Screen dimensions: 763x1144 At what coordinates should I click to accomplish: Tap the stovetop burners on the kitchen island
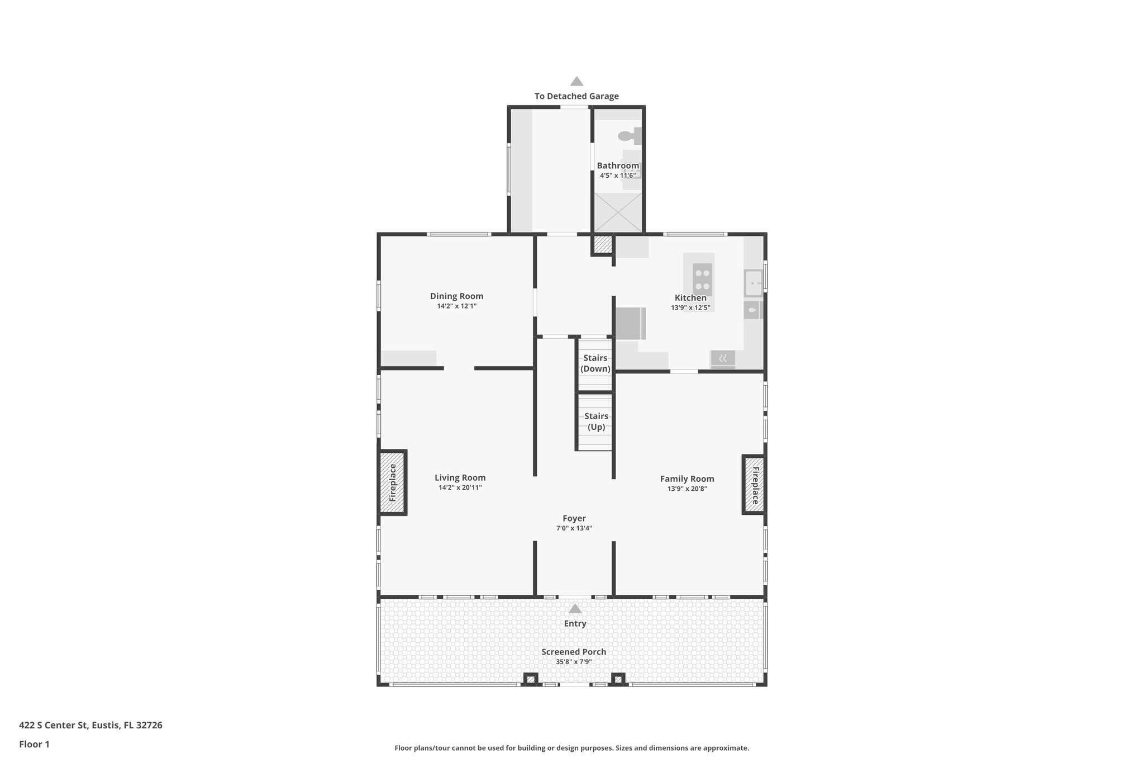point(702,279)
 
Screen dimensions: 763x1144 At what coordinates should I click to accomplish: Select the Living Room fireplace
point(393,482)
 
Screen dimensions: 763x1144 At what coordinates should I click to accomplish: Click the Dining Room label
point(456,296)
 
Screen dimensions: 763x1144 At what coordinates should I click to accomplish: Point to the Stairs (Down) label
point(595,363)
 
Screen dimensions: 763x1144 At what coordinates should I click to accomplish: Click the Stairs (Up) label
point(596,421)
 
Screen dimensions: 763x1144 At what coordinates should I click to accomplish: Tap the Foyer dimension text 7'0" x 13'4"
point(574,528)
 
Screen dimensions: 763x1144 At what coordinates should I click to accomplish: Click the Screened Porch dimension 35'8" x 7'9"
point(574,662)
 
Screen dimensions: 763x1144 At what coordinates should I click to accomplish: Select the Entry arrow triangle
point(575,609)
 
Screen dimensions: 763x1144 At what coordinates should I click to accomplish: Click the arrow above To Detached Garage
point(576,82)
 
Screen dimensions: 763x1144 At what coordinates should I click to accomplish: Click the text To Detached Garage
point(576,96)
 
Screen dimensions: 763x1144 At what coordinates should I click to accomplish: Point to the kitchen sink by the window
point(754,283)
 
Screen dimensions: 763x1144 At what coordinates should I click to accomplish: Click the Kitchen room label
point(690,298)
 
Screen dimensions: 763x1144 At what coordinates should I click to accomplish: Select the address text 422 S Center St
point(90,726)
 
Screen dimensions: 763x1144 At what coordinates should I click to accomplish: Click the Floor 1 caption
point(34,744)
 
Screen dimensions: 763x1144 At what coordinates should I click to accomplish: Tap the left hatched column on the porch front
point(531,679)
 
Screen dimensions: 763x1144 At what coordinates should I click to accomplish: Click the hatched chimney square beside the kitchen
point(603,244)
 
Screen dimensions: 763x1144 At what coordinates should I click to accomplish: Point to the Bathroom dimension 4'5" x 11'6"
point(618,176)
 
